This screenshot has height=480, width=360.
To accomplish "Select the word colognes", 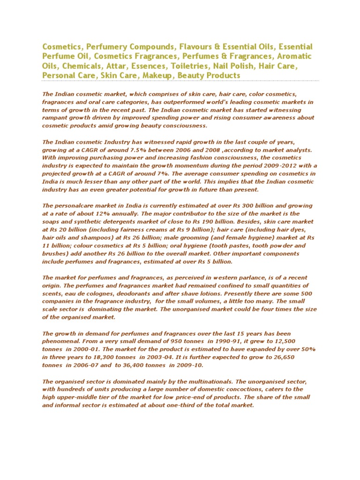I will (90, 294).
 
